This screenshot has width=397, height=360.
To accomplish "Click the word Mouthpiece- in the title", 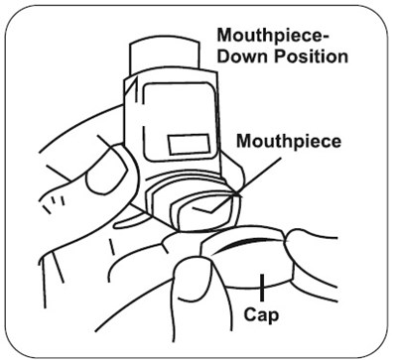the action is (273, 36).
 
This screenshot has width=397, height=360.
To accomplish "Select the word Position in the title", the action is (311, 57).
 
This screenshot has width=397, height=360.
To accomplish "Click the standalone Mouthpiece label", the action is (289, 142).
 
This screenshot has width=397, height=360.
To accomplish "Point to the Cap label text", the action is (261, 314).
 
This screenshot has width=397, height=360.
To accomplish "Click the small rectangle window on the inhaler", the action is (189, 145).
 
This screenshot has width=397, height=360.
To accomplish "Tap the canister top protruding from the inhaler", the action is (165, 57).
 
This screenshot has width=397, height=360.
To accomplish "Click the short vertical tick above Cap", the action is (262, 288).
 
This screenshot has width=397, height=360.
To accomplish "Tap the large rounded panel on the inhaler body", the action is (181, 121).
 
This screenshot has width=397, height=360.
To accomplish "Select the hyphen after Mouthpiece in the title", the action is (326, 37).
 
